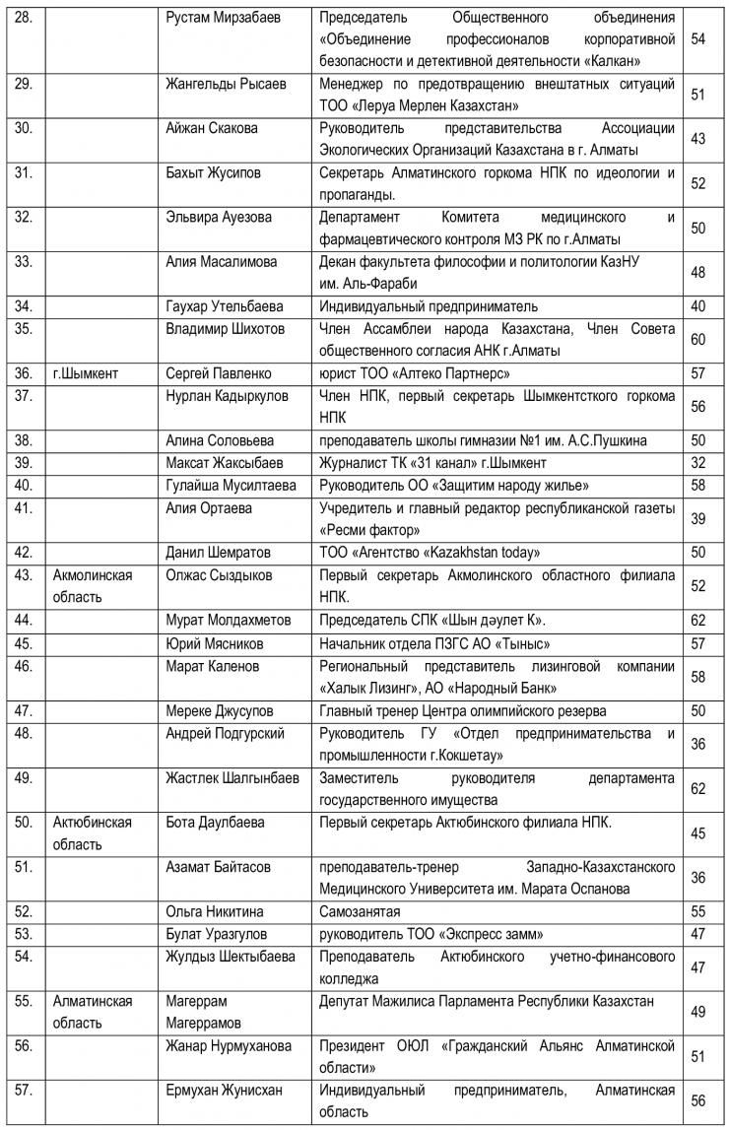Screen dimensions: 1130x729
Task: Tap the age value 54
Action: tap(698, 39)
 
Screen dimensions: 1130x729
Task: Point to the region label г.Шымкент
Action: tap(89, 374)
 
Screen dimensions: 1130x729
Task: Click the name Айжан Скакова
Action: tap(211, 128)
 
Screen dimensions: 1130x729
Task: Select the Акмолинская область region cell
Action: tap(93, 585)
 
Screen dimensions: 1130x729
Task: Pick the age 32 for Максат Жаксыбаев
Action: tap(698, 462)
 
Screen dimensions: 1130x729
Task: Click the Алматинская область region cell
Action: tap(93, 1012)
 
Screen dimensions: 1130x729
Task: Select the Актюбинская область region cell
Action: tap(93, 832)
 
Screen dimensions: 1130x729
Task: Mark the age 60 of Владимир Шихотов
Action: tap(698, 340)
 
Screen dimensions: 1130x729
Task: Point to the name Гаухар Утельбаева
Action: tap(225, 306)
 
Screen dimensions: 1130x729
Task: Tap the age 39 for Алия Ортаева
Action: tap(698, 519)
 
